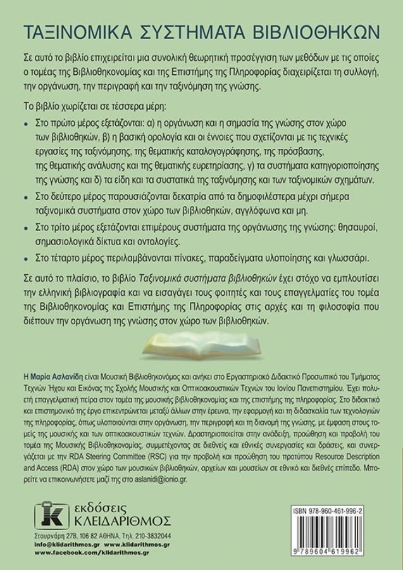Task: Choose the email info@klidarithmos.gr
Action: click(x=65, y=544)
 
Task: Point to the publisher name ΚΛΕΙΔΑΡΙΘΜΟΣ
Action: click(x=121, y=521)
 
